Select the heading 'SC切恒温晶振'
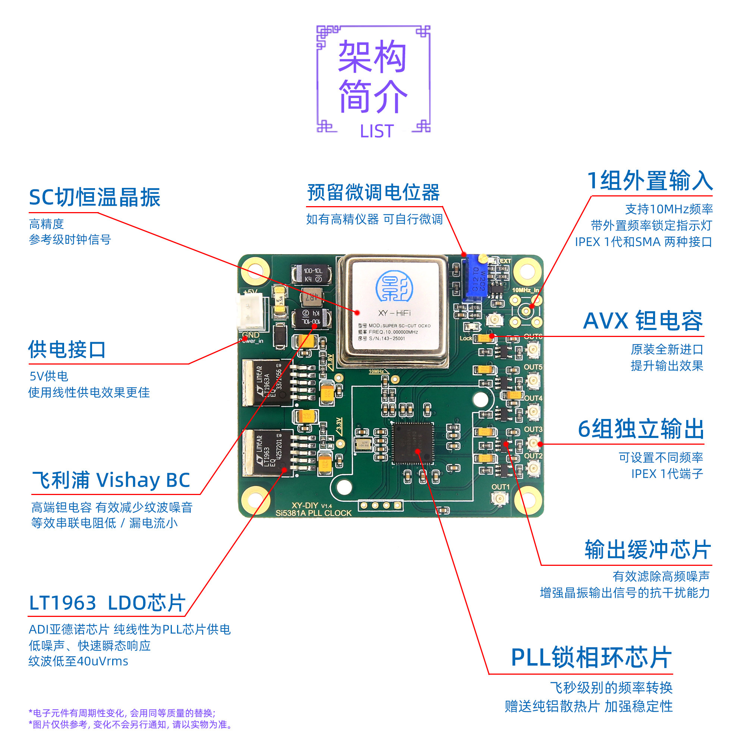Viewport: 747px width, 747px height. (95, 198)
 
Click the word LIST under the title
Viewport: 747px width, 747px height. (376, 132)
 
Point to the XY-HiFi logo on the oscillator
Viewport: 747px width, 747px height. (394, 287)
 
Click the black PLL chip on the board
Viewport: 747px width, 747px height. (413, 443)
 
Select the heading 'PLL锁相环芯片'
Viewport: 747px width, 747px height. (591, 658)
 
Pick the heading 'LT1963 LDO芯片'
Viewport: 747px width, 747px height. (107, 603)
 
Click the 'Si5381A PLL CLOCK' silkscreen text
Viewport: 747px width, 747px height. (313, 513)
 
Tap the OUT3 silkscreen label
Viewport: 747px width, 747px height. (533, 429)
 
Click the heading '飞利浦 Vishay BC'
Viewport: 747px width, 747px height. (111, 480)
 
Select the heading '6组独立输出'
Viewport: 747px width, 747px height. (641, 429)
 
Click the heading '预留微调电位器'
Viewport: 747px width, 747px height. (373, 193)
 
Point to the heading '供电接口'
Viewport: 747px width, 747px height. (67, 350)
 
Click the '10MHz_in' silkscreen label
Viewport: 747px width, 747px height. (525, 290)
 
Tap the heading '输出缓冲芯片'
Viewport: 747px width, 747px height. (647, 550)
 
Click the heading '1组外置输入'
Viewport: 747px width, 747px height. (650, 180)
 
